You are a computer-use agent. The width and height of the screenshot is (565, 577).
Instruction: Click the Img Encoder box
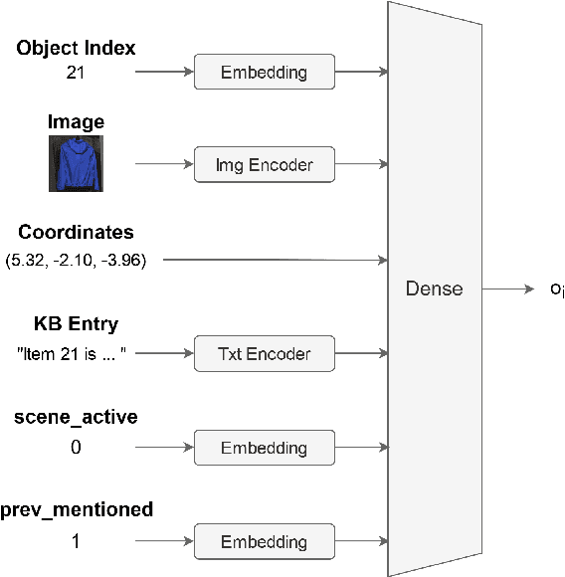(x=264, y=166)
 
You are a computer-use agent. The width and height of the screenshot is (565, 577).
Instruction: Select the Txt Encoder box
(x=264, y=353)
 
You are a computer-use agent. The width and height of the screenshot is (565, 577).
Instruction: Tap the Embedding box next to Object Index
(x=264, y=72)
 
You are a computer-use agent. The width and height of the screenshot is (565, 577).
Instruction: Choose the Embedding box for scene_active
(x=264, y=448)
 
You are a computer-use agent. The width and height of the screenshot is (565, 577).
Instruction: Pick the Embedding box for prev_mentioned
(x=264, y=542)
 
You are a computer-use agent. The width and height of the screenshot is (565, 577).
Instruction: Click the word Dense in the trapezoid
(x=434, y=289)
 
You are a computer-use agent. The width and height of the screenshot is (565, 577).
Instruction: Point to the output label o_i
(x=556, y=290)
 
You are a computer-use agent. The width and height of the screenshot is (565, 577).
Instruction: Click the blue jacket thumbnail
(x=77, y=164)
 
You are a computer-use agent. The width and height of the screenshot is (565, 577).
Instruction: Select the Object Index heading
(x=76, y=48)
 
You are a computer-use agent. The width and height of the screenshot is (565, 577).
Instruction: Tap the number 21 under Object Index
(x=76, y=72)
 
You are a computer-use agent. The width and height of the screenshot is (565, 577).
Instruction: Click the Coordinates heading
(x=76, y=233)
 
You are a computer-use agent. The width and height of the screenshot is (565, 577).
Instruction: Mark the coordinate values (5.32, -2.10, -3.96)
(x=76, y=261)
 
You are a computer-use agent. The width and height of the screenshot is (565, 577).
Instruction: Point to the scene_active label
(x=76, y=418)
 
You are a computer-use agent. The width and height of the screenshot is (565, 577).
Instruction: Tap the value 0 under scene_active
(x=76, y=448)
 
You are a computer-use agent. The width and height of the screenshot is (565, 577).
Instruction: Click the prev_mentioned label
(x=77, y=510)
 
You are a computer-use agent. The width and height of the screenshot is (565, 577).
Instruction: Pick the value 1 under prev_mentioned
(x=76, y=542)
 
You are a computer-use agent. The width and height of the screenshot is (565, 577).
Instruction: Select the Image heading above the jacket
(x=76, y=122)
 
